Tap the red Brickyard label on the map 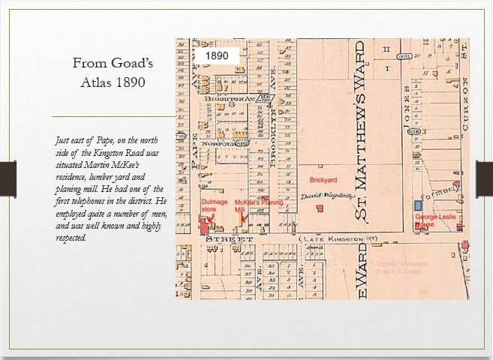pyautogui.click(x=322, y=181)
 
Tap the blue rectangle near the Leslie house pyautogui.click(x=418, y=205)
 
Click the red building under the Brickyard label pyautogui.click(x=320, y=208)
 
